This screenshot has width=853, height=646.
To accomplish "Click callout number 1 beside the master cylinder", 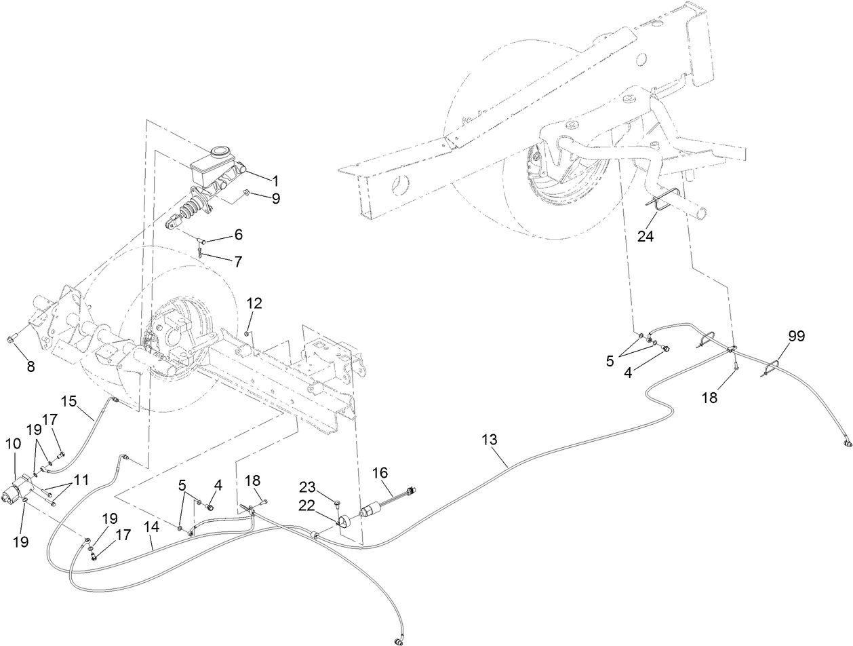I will [275, 180].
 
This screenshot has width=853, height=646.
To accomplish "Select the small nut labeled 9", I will [248, 195].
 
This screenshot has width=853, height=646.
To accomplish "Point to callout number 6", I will [238, 234].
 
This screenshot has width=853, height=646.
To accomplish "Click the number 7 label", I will [238, 261].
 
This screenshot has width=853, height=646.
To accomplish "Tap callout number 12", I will [254, 303].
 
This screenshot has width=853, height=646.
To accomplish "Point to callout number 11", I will [81, 480].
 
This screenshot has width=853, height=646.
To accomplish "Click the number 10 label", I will [14, 444].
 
